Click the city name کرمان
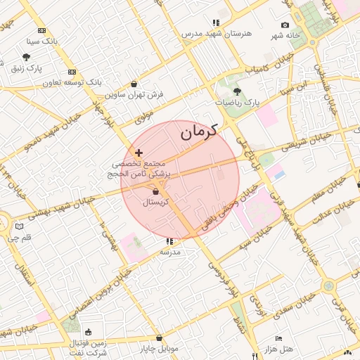(x=198, y=131)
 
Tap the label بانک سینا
(x=59, y=41)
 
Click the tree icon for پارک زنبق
(x=27, y=58)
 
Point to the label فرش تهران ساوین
(x=135, y=93)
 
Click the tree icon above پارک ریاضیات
(x=237, y=91)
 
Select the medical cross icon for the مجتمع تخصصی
(x=139, y=153)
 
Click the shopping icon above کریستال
(x=155, y=191)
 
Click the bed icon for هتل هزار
(x=279, y=338)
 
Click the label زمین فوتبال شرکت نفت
(x=88, y=347)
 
